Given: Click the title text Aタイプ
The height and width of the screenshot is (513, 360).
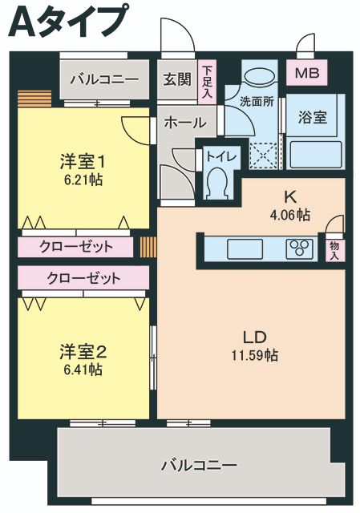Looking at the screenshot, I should (67, 22).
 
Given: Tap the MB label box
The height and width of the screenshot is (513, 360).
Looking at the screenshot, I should (306, 74).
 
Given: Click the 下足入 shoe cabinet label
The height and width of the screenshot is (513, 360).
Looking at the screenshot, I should (208, 83).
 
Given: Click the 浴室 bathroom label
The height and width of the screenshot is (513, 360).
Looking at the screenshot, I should (313, 117).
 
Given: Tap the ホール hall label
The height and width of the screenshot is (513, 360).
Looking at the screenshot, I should (184, 123).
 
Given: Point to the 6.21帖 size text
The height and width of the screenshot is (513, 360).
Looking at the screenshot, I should (83, 180).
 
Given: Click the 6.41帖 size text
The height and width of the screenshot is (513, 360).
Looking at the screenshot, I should (83, 370).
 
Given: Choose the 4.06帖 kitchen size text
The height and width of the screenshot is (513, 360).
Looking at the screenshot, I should (290, 214).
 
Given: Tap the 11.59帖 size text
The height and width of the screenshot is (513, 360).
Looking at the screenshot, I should (255, 354).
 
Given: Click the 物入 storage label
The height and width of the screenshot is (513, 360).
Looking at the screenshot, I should (334, 250).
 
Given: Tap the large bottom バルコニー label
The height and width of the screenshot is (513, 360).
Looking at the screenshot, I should (198, 465).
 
